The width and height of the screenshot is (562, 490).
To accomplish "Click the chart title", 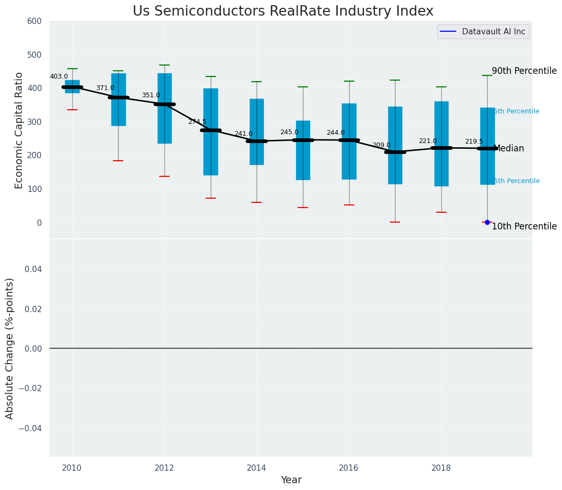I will pos(283,11).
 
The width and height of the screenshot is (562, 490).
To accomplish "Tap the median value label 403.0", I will pos(59,76).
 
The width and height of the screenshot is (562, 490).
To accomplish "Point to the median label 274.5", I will pos(197,122).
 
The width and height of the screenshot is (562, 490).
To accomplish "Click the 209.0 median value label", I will pos(381,145).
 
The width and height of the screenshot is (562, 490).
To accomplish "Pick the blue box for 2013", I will pos(211,132).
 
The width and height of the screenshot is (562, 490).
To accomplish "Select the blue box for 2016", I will pos(349,141).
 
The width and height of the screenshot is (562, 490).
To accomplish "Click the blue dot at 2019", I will pos(487,222).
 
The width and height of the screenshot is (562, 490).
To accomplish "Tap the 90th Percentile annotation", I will pos(524,71).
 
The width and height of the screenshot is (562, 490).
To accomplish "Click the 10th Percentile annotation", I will pos(524,226).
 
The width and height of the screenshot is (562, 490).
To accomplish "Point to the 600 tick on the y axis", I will pos(34,21).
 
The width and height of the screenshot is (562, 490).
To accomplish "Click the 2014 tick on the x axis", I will pos(257,468).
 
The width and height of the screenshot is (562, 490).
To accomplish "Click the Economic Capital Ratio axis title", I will pos(19,130).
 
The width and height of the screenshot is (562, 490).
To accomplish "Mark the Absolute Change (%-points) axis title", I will pos(10,348).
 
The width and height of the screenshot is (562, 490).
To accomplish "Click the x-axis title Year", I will pos(291,480).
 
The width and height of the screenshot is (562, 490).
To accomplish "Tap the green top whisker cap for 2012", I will pos(164,65).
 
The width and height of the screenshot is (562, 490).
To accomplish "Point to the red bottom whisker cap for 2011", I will pos(118,161).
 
